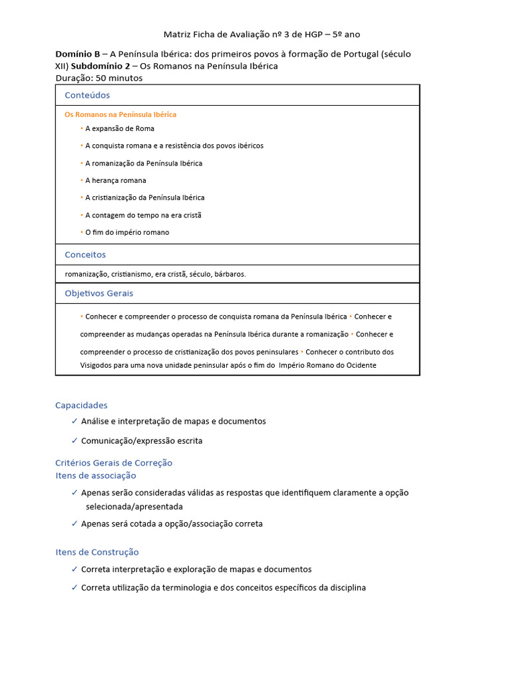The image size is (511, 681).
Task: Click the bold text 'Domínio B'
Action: coord(77,54)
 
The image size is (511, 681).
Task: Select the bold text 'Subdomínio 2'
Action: coord(100,66)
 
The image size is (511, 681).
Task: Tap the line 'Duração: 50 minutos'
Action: coord(98,78)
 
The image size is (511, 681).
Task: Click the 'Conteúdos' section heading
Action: coord(87,95)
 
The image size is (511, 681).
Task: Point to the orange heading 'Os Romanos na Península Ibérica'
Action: coord(120,114)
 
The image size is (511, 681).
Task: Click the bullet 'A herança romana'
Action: coord(116,180)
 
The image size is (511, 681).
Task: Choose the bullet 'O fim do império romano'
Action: coord(127,232)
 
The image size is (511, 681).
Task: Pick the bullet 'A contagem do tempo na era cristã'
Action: coord(143,215)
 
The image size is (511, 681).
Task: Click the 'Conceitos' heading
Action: coord(85,255)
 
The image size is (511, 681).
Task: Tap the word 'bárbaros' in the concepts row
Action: coord(230,274)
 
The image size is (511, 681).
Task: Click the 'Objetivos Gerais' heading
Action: coord(98,293)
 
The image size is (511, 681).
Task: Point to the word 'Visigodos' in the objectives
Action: coord(96,365)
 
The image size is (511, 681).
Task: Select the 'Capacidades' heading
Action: coord(81,405)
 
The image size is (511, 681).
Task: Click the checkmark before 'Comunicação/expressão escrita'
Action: coord(75,441)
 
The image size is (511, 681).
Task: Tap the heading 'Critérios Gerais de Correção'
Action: coord(114,463)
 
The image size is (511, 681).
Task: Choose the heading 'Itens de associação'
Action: coord(96,476)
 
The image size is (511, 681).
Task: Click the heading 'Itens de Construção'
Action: coord(97,552)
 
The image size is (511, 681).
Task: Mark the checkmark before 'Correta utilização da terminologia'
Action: coord(75,588)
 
